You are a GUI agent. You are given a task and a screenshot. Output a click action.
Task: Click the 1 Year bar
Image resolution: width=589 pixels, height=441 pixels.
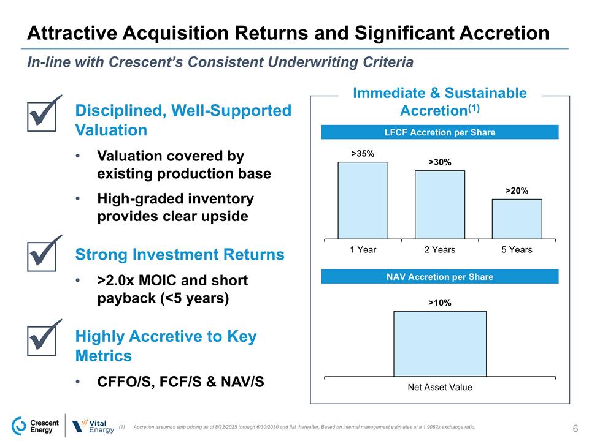point(363,200)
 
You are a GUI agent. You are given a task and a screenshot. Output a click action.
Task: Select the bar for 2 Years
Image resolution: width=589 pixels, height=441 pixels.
point(440,205)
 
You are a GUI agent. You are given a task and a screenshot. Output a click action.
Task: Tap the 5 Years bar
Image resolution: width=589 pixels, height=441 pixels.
point(517,219)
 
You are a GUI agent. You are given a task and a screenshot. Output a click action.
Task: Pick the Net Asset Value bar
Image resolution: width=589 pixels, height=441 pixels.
point(440,344)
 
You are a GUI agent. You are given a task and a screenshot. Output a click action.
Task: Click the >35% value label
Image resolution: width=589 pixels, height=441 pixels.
point(363,153)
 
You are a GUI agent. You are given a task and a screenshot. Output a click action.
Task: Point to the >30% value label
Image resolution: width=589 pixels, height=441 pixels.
point(440,162)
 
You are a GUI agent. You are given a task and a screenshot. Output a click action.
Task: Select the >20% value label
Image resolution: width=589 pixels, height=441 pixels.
point(517,190)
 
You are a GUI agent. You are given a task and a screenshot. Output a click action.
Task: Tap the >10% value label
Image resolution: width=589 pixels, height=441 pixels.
point(440,303)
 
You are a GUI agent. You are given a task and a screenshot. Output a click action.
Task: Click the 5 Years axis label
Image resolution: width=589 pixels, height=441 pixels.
point(517,250)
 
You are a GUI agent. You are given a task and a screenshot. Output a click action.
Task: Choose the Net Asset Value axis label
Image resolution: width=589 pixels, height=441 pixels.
point(440,387)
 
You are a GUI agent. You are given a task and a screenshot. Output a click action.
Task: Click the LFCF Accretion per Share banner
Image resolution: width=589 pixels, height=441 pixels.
point(440,132)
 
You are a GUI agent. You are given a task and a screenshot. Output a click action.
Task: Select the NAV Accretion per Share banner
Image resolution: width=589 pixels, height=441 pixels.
point(440,277)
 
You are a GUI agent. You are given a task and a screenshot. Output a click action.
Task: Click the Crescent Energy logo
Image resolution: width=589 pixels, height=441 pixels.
point(36,425)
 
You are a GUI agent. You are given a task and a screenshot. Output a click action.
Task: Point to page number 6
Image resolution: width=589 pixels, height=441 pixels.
point(576,428)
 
